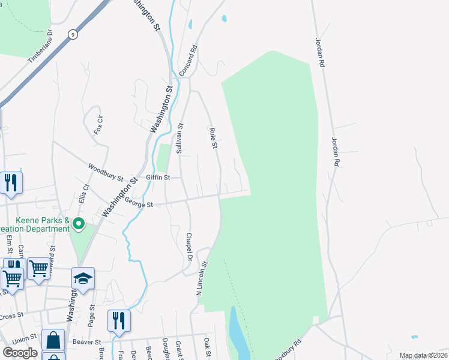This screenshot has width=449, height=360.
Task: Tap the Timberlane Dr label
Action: pyautogui.click(x=40, y=47)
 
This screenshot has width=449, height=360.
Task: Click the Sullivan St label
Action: pyautogui.click(x=179, y=138)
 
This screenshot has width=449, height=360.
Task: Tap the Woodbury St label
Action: pyautogui.click(x=105, y=173)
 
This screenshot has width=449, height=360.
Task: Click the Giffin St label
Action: pyautogui.click(x=158, y=178)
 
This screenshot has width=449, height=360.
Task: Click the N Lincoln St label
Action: pyautogui.click(x=201, y=278)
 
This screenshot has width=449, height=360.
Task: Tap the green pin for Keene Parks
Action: pyautogui.click(x=79, y=224)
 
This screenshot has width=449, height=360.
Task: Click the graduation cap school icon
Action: pyautogui.click(x=83, y=278)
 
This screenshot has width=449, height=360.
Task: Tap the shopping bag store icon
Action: pyautogui.click(x=53, y=340)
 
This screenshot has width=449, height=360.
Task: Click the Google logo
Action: pyautogui.click(x=20, y=352)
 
